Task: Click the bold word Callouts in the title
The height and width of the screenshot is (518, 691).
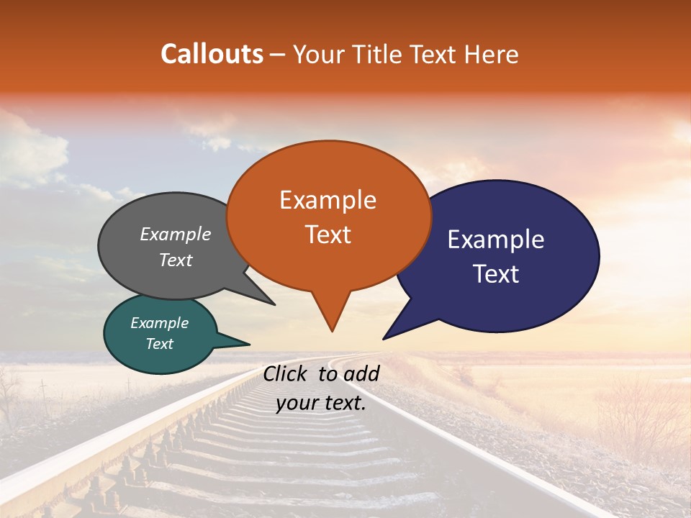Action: (x=212, y=54)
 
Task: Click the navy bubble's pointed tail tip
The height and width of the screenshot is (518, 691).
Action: (x=384, y=338)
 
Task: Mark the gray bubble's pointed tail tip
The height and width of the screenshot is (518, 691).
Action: (x=274, y=304)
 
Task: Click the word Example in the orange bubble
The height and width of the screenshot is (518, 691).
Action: (x=328, y=200)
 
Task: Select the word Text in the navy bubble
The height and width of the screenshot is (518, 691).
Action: (x=496, y=274)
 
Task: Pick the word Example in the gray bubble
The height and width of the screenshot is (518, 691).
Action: (x=176, y=234)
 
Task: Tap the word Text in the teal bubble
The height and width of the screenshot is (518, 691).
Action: (x=160, y=344)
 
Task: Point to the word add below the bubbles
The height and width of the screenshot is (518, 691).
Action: (x=362, y=373)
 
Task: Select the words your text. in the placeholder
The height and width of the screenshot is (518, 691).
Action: (x=320, y=404)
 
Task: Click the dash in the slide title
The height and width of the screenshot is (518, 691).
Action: (x=279, y=55)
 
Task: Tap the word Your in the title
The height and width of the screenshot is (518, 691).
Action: (x=317, y=54)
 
